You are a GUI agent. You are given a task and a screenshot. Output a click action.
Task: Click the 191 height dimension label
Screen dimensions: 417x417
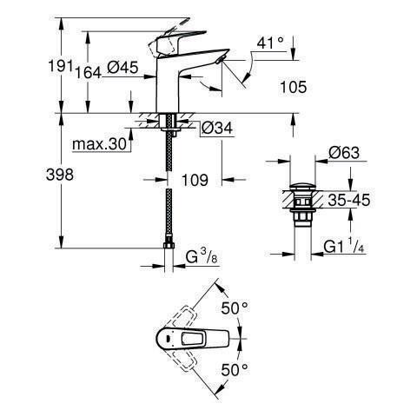tap(60, 66)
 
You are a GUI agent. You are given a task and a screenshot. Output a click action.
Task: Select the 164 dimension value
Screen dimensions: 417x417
tap(89, 72)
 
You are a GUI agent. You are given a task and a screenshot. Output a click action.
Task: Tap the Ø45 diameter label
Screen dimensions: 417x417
tap(122, 68)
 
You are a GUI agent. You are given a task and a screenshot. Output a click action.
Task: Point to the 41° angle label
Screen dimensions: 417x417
tap(271, 43)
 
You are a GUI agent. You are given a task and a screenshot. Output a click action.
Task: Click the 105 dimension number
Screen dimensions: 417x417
tap(293, 87)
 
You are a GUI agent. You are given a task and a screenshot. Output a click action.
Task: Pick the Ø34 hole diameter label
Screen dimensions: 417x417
tap(217, 128)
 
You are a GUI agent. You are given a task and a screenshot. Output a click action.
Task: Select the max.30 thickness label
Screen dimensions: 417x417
tap(100, 144)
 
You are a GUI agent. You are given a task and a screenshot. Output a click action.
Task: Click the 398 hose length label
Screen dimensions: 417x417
tap(60, 175)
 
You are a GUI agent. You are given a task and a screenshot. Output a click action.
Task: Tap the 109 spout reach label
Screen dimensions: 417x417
tap(195, 180)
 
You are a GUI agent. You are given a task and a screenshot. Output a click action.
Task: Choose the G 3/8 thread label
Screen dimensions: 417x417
tap(202, 257)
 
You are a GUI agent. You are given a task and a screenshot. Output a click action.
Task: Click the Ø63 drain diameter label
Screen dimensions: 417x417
tap(344, 153)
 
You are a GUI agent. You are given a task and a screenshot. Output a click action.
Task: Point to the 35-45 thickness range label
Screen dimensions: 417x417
tap(349, 200)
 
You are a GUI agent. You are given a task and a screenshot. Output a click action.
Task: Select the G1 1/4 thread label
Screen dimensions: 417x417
tap(344, 247)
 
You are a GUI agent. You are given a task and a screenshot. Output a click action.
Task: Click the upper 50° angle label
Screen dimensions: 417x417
tap(235, 308)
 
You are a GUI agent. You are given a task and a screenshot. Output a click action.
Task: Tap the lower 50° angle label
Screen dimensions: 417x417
tap(235, 369)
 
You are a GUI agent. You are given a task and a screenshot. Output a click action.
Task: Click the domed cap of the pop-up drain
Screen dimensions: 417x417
tap(302, 187)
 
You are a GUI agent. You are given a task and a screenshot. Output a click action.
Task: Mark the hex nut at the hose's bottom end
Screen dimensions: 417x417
tap(169, 246)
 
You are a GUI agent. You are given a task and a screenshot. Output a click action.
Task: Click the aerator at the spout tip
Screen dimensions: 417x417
tap(220, 59)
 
